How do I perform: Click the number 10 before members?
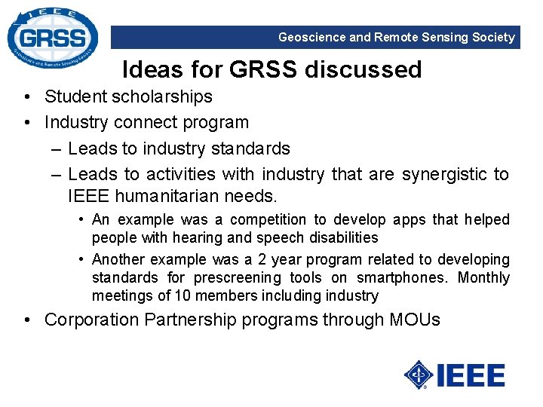point(182,295)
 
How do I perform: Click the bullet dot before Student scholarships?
point(26,97)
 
